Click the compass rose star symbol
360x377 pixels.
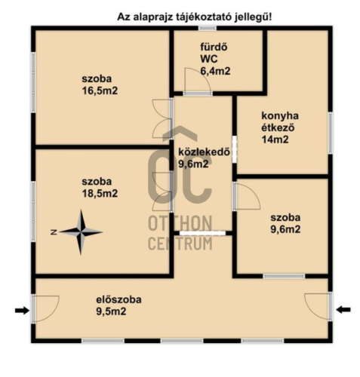pos(81,232)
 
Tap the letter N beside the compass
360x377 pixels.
pos(54,232)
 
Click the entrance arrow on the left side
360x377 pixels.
pos(22,311)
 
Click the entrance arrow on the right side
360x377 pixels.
pos(343,310)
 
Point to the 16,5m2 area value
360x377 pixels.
pos(100,90)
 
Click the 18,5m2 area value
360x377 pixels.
pos(100,193)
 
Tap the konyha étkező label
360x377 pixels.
pos(280,121)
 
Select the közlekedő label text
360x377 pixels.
pos(204,152)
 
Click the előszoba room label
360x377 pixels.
pos(118,299)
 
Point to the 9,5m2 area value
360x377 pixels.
pos(111,311)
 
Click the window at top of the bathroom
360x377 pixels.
pos(208,28)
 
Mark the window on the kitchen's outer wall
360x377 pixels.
pos(331,133)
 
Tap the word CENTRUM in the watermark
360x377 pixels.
pos(180,244)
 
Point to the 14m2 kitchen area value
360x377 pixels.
pos(275,139)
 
